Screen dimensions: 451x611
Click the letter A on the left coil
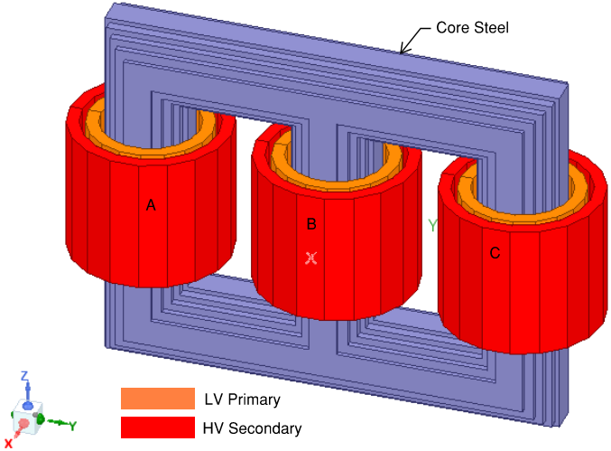click(x=151, y=206)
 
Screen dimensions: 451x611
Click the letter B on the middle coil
click(x=311, y=224)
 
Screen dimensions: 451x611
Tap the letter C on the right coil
click(x=495, y=253)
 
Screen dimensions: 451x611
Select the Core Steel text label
click(x=473, y=28)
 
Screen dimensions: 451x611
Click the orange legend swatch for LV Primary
click(x=158, y=399)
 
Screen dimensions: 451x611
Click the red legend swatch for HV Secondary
click(x=158, y=428)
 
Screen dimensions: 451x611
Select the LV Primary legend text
click(x=242, y=399)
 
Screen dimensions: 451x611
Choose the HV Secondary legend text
click(x=254, y=428)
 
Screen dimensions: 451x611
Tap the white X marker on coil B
click(x=311, y=258)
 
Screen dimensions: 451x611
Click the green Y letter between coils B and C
click(x=432, y=225)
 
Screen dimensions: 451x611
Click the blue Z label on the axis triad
click(x=26, y=375)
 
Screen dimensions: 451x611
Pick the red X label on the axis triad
click(x=8, y=440)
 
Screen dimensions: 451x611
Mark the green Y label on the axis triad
click(x=71, y=425)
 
